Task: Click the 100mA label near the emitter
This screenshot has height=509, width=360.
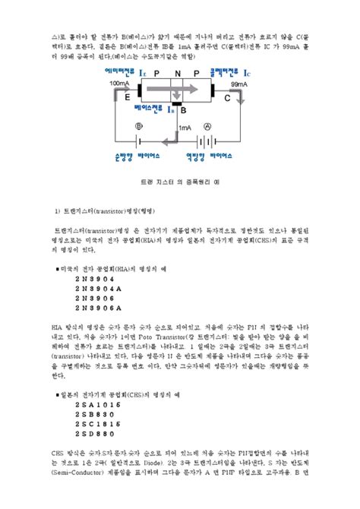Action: point(119,83)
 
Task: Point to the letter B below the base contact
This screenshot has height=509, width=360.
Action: point(183,110)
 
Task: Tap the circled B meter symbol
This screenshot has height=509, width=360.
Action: point(138,126)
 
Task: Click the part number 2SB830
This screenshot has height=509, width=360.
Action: point(95,416)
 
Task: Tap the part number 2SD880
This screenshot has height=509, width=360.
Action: point(95,434)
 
